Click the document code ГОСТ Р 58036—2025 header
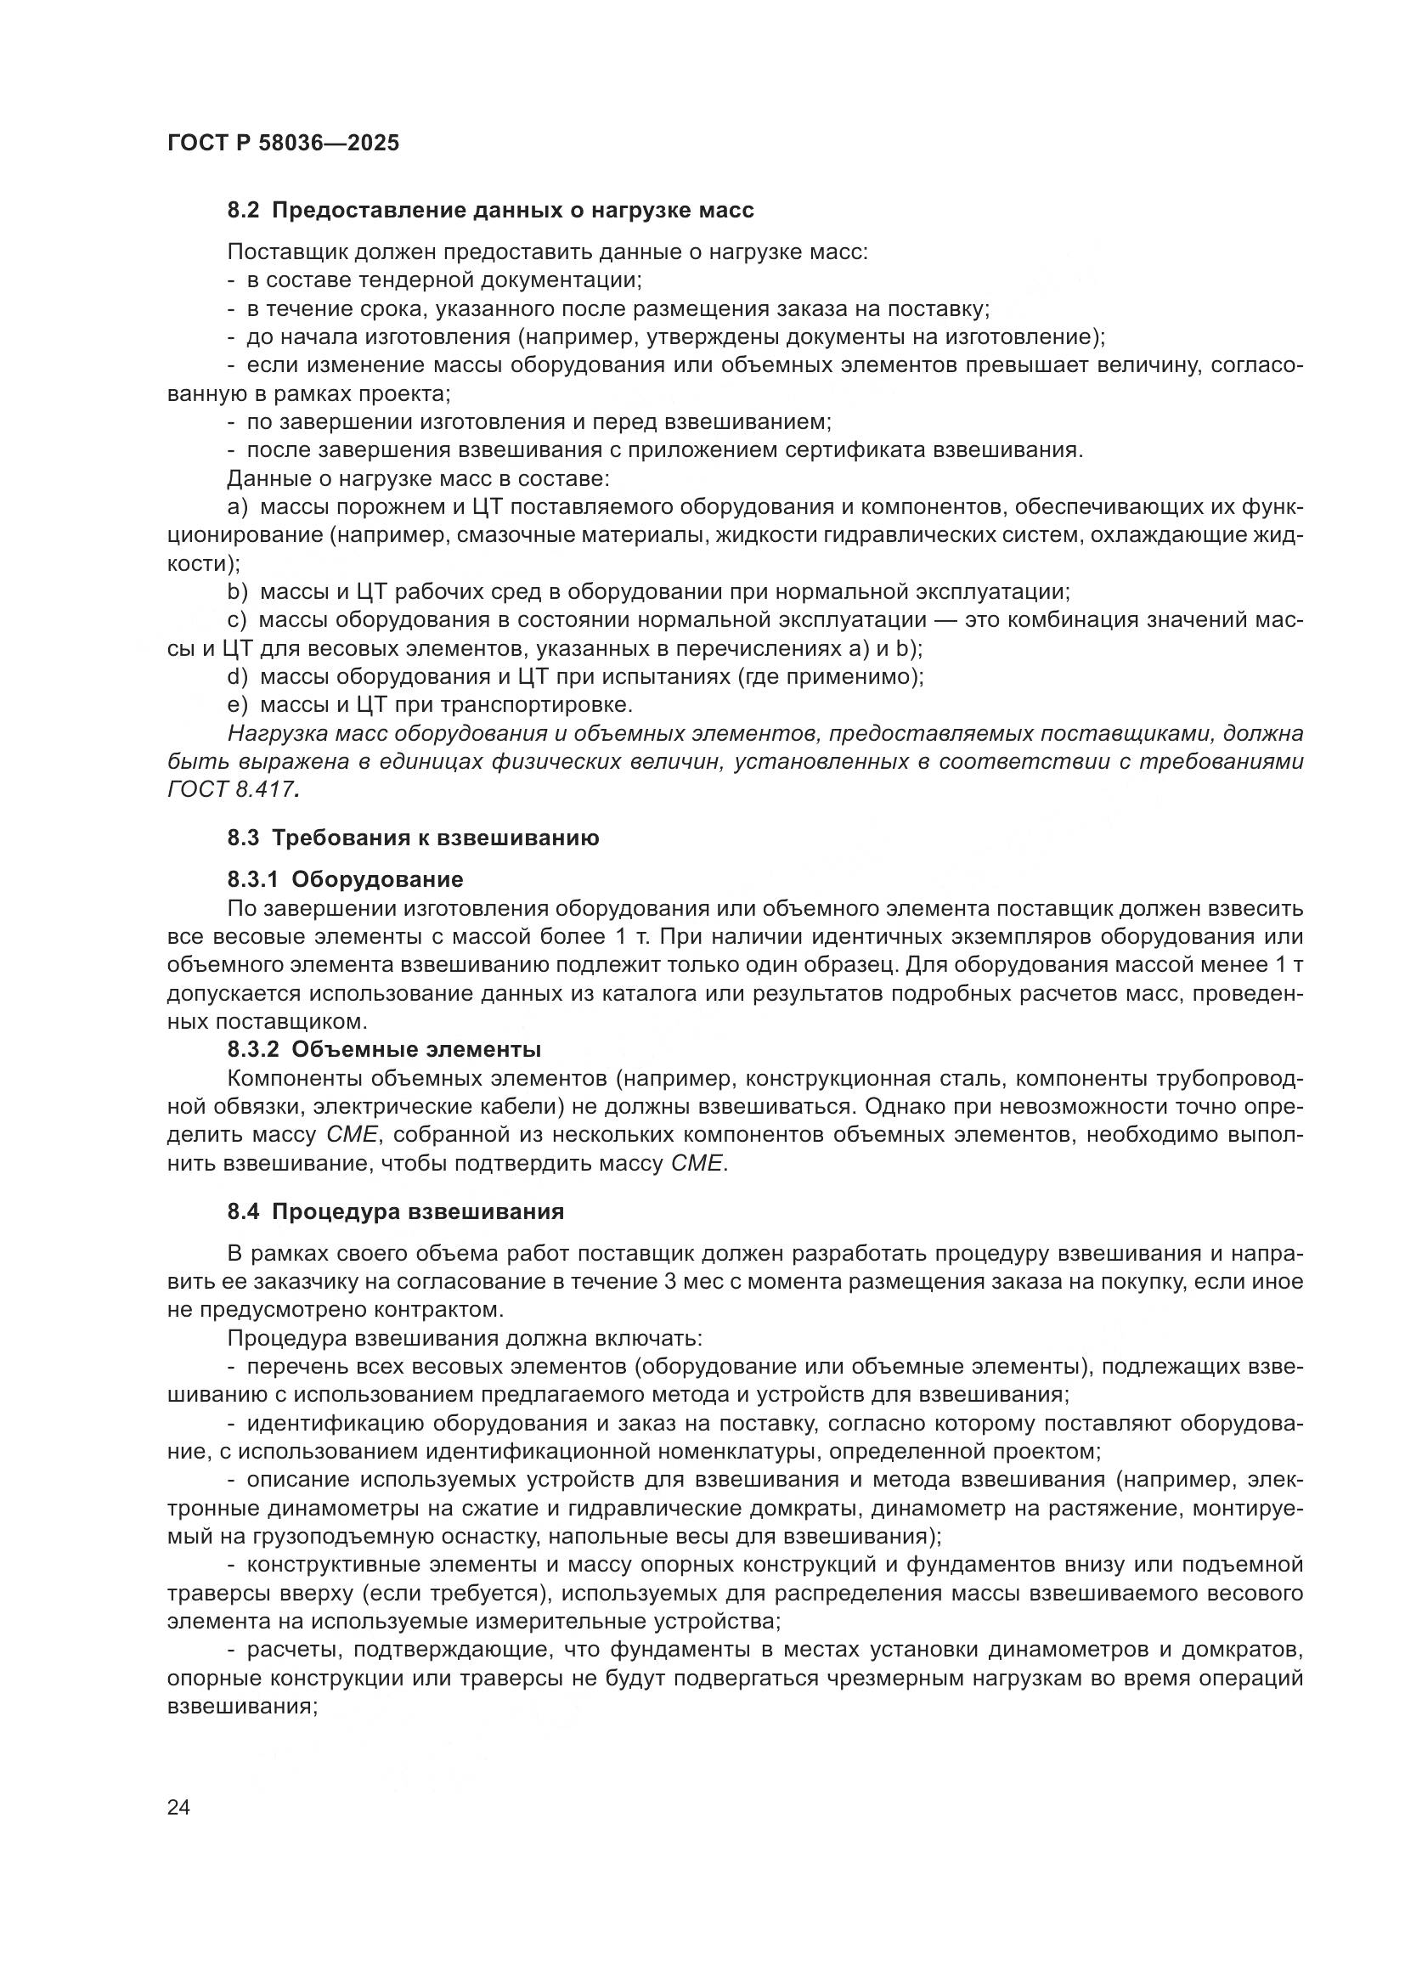click(x=283, y=143)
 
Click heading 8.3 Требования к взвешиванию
click(x=413, y=838)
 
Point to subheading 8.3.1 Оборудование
click(x=345, y=880)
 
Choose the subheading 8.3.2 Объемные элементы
click(x=384, y=1050)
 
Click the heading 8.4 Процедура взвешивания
click(x=395, y=1211)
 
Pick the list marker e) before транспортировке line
click(x=237, y=704)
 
